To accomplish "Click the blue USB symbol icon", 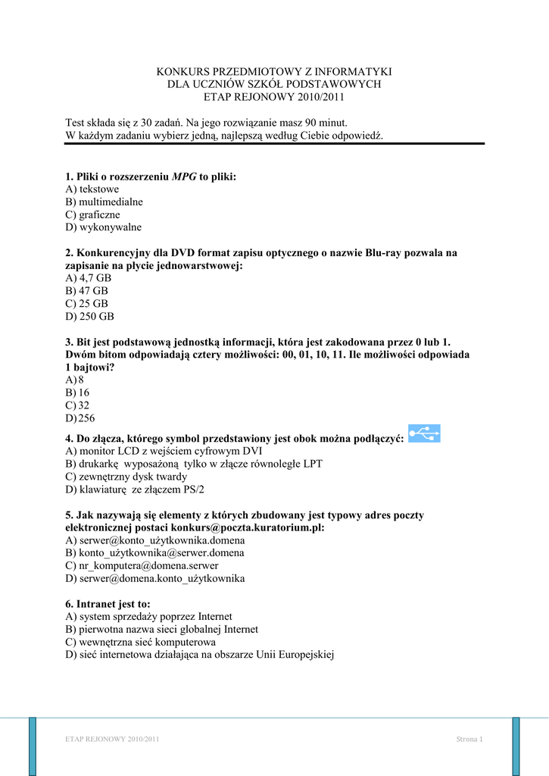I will point(424,433).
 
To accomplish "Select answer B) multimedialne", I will point(104,202).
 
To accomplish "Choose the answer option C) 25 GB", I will point(87,303).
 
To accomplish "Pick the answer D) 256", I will point(80,418).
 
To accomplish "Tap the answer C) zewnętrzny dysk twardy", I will point(126,477).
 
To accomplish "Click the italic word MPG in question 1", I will point(184,177).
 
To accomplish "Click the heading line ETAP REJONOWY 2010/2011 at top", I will point(274,97).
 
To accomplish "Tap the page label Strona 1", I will point(469,740).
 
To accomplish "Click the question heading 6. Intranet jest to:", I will point(108,604).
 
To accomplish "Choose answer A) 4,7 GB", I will point(89,278).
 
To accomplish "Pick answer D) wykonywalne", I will point(104,227).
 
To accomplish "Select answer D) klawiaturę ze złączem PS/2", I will point(136,490).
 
